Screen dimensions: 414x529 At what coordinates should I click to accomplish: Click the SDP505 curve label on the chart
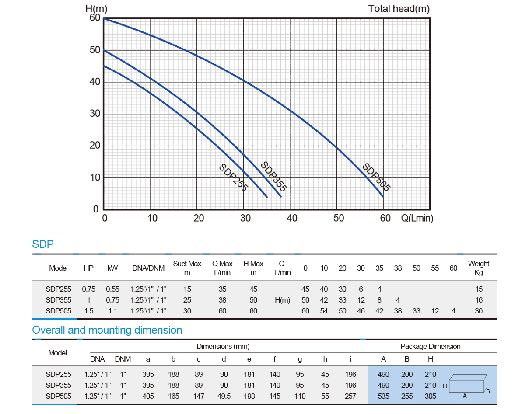click(x=376, y=177)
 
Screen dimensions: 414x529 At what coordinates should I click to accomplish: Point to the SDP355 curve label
click(x=273, y=177)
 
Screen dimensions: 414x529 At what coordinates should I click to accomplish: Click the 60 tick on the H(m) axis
click(x=95, y=18)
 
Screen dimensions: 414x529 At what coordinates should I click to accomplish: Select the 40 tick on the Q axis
click(x=292, y=218)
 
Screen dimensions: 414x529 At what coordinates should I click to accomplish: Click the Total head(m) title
click(x=399, y=8)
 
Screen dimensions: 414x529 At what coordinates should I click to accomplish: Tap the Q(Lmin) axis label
click(x=417, y=218)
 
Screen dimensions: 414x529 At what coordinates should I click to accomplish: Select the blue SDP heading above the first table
click(x=43, y=244)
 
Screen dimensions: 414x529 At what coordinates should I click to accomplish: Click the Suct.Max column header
click(x=187, y=268)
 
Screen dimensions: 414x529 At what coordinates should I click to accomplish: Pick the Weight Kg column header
click(x=479, y=268)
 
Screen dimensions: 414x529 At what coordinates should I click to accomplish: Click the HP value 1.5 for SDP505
click(x=88, y=311)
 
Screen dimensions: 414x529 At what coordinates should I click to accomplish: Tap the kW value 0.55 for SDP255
click(x=112, y=289)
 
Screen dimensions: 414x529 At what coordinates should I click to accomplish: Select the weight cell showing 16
click(x=479, y=300)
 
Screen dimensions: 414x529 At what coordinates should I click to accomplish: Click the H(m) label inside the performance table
click(x=282, y=300)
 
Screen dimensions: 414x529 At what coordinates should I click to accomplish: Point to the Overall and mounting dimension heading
click(x=107, y=330)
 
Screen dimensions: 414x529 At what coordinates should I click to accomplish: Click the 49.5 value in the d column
click(x=224, y=397)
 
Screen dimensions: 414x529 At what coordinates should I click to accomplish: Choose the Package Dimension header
click(x=430, y=346)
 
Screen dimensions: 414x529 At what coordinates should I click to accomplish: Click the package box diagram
click(x=468, y=385)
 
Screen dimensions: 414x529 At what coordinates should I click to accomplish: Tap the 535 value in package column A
click(x=384, y=397)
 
